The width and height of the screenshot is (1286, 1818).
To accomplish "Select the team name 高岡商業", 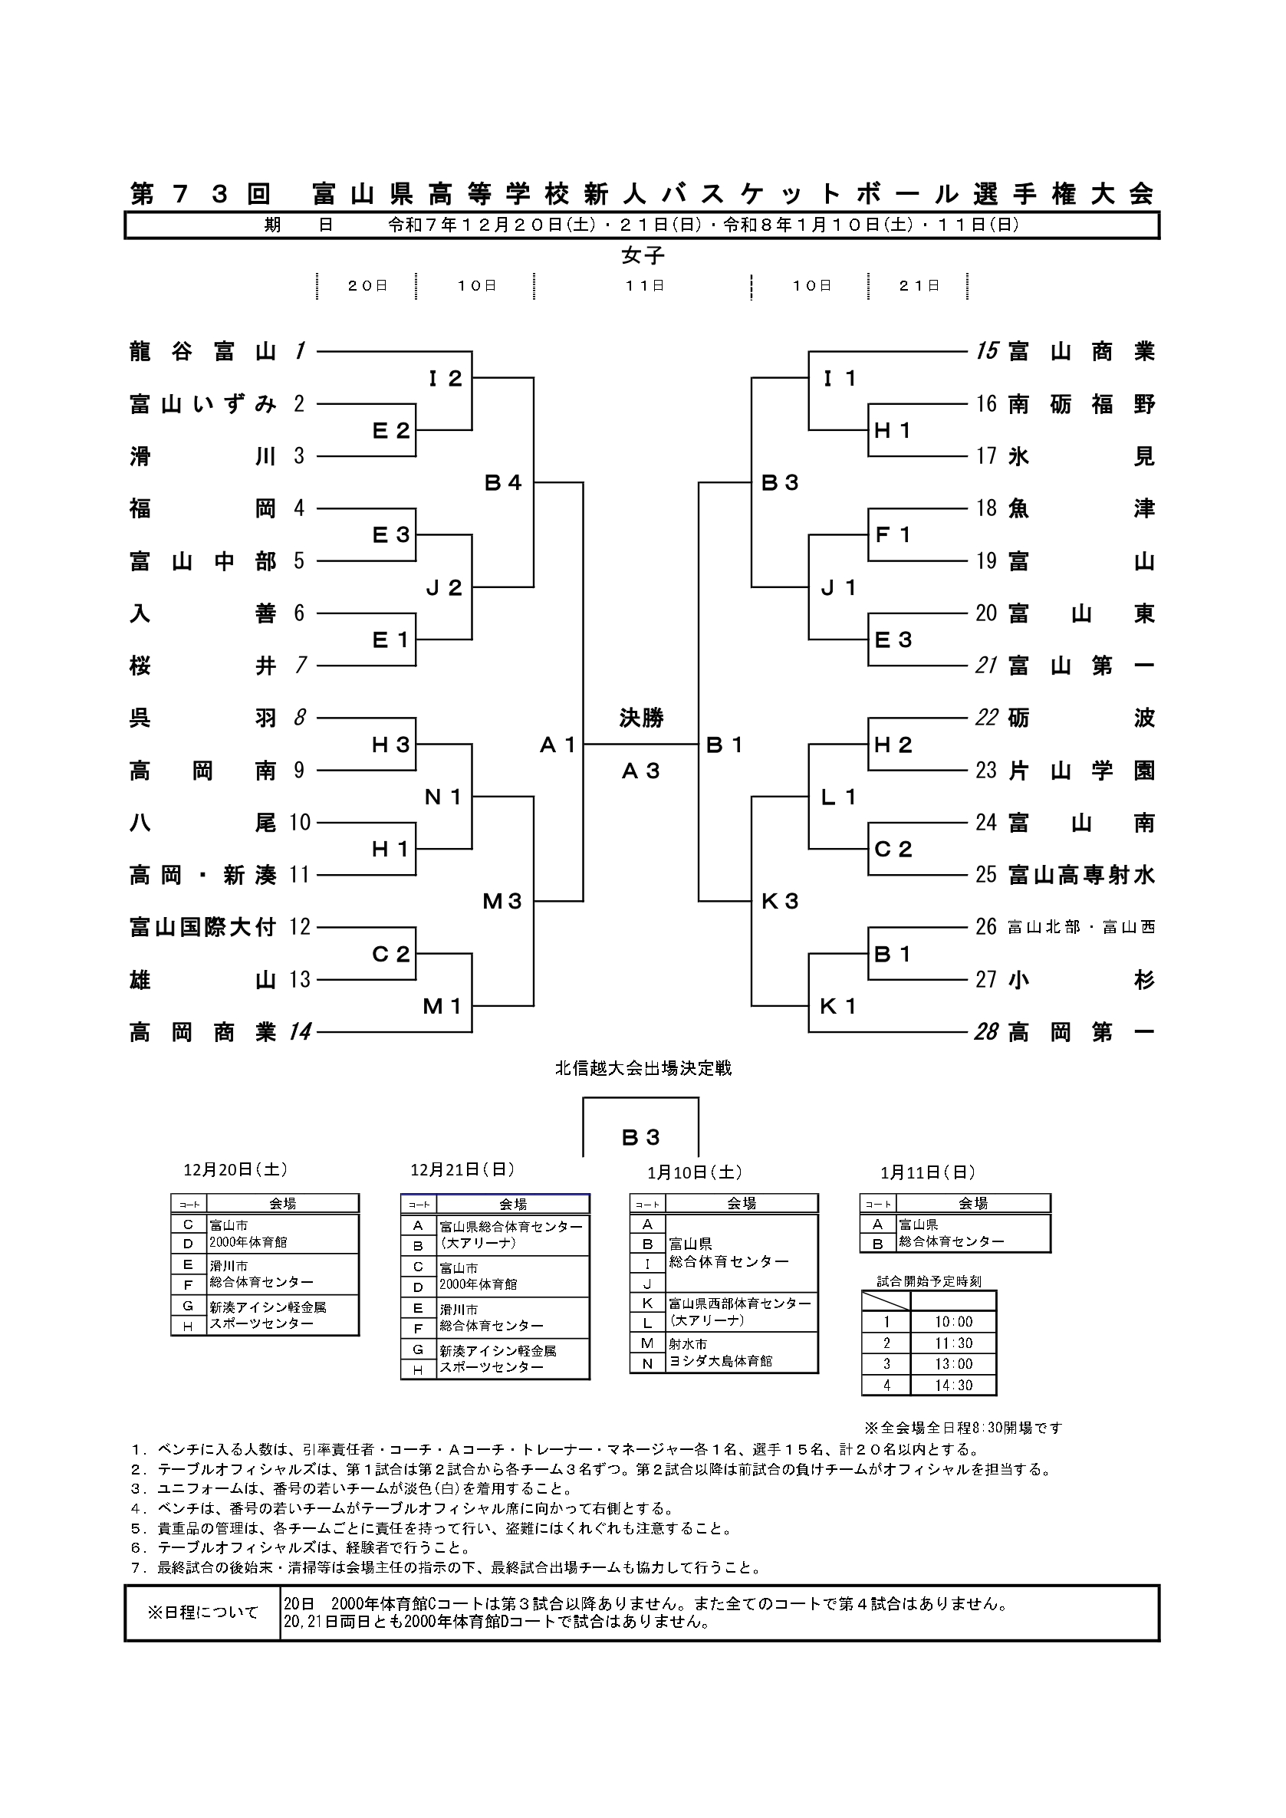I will point(202,1033).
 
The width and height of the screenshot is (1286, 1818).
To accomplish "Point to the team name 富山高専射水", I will point(1081,875).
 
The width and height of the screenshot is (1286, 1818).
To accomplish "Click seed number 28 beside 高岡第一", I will point(986,1033).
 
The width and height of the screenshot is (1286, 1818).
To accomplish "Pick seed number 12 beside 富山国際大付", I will point(300,927).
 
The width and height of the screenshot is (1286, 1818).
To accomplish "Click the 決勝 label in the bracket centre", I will point(641,718).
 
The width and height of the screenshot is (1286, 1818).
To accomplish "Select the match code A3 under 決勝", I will point(641,771).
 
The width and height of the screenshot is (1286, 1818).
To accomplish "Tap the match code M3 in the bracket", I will point(503,901).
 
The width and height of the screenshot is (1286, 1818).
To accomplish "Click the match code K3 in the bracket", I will point(780,901).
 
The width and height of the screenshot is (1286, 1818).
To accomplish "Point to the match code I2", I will point(445,379).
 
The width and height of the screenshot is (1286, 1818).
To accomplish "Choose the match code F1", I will point(893,535).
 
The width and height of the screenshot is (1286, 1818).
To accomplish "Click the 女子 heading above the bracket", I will point(643,256).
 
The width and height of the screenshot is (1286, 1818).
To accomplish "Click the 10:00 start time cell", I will point(953,1322).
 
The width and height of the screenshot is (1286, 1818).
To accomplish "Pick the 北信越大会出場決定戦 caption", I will point(643,1068).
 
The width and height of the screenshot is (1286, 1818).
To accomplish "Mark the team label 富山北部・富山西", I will point(1081,927).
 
